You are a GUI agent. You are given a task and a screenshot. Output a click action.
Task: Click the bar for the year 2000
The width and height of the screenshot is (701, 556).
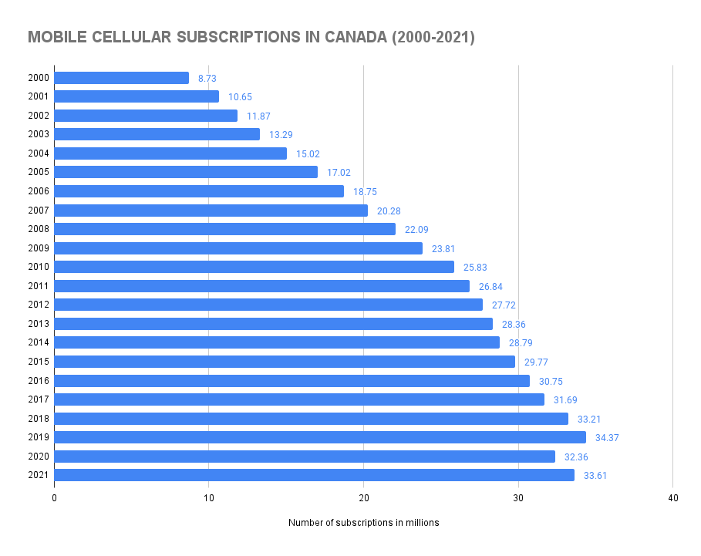click(x=121, y=78)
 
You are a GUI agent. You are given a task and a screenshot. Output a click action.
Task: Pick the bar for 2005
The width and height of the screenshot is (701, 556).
click(x=186, y=172)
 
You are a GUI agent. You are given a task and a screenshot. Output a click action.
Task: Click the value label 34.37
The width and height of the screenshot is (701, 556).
click(x=607, y=438)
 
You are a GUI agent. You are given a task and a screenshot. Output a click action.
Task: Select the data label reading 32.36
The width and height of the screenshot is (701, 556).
click(x=576, y=457)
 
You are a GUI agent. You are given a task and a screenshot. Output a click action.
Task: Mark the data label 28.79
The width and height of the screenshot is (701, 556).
click(x=521, y=343)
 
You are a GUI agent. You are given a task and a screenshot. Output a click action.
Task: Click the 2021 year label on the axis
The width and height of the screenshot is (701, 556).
click(x=39, y=475)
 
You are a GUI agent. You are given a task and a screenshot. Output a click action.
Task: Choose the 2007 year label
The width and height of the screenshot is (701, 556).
click(x=39, y=211)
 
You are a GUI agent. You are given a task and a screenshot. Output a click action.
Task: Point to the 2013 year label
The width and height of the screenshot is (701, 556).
click(x=39, y=324)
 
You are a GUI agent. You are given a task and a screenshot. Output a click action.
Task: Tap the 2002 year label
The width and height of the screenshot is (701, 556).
click(x=39, y=116)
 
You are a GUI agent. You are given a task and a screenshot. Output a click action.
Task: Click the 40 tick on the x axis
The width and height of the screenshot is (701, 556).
click(x=673, y=498)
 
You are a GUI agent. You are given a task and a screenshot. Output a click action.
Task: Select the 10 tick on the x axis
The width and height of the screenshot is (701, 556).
click(x=208, y=498)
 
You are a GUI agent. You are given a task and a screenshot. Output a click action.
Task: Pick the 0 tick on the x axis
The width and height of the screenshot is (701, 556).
click(x=54, y=498)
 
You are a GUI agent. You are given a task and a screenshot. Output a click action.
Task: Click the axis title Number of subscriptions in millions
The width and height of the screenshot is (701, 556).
click(x=363, y=523)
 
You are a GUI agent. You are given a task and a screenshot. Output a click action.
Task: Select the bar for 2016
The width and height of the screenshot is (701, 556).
click(x=292, y=381)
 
